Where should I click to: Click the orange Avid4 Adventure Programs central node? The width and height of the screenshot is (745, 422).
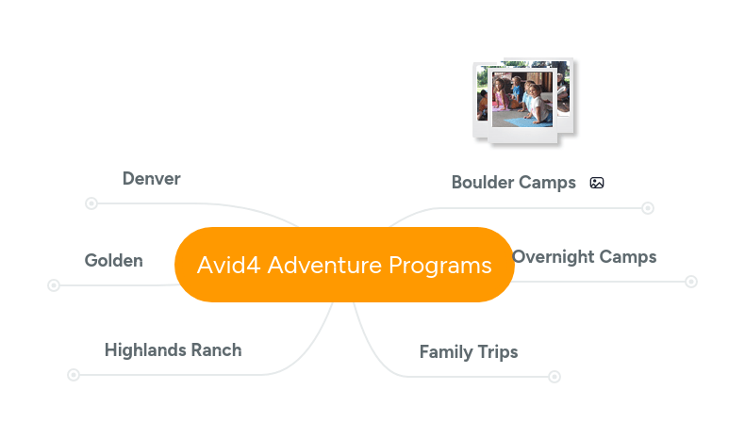344,265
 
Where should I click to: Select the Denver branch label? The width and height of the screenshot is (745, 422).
151,179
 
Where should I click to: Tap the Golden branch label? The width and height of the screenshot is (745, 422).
114,261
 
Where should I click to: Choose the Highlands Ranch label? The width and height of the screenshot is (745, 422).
173,350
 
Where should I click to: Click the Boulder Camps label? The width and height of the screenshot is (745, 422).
513,183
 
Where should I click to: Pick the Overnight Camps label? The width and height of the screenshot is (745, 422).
584,257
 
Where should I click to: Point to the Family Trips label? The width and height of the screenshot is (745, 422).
469,352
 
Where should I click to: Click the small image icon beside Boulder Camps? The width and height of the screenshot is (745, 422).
597,183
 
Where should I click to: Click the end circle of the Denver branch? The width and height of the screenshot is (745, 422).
91,203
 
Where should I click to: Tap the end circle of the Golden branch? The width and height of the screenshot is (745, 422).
54,285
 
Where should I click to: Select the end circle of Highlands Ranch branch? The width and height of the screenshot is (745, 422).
74,375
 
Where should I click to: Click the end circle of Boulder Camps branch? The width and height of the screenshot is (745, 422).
648,208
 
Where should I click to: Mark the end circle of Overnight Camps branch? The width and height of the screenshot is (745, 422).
691,282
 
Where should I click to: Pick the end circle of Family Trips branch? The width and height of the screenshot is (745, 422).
555,377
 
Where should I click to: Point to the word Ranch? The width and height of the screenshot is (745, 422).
217,350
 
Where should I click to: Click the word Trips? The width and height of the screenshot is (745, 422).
495,352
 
